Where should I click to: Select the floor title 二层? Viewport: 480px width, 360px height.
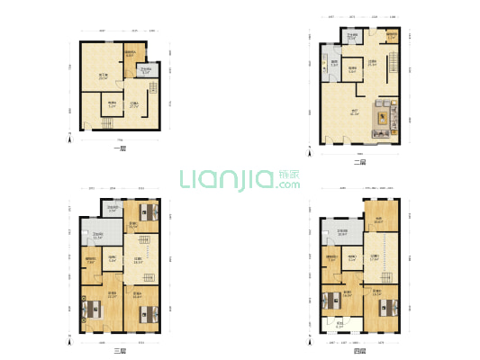[x=360, y=163]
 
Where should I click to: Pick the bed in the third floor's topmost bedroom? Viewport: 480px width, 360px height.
[x=146, y=212]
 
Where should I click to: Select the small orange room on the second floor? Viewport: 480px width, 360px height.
[x=392, y=37]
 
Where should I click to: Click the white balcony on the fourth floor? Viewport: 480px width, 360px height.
[x=340, y=324]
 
